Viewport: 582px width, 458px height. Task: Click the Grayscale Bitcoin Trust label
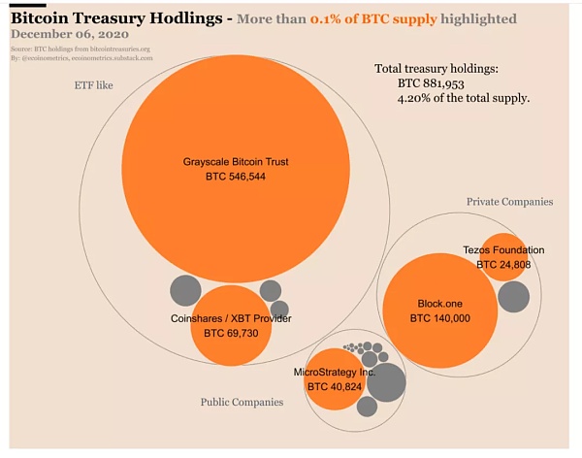(236, 161)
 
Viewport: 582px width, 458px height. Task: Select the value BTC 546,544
(236, 178)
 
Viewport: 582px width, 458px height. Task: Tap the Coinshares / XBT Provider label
(231, 318)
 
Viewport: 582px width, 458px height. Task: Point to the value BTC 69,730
(231, 333)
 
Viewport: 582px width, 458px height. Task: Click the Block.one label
(439, 303)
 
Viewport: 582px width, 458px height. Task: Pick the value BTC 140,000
(439, 317)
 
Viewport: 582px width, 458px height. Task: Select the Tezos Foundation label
(503, 249)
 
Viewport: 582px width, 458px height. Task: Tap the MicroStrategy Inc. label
(334, 372)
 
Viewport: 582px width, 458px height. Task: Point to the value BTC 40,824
(334, 386)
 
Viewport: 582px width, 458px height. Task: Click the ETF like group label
(94, 85)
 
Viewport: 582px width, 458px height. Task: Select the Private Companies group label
(509, 202)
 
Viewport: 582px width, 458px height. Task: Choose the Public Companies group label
(242, 402)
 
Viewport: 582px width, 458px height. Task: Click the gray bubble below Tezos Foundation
(513, 296)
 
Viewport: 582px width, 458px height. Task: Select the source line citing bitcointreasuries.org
(81, 49)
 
